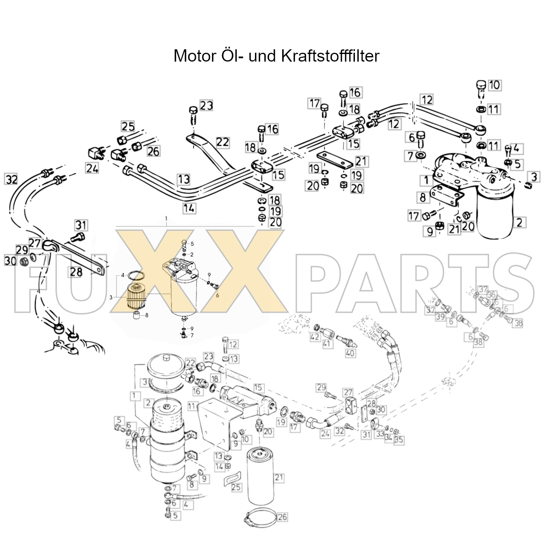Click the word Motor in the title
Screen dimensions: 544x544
coord(195,56)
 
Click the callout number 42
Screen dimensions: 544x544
coord(314,337)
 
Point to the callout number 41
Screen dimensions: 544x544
coord(327,343)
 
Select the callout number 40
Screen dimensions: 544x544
coord(350,353)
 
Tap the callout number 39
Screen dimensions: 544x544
coord(440,317)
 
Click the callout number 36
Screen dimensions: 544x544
coord(492,295)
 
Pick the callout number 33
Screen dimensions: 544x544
coord(380,434)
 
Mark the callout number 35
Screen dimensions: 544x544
coord(399,440)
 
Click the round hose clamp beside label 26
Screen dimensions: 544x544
coord(260,515)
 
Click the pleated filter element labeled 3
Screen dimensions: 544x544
coord(136,297)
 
